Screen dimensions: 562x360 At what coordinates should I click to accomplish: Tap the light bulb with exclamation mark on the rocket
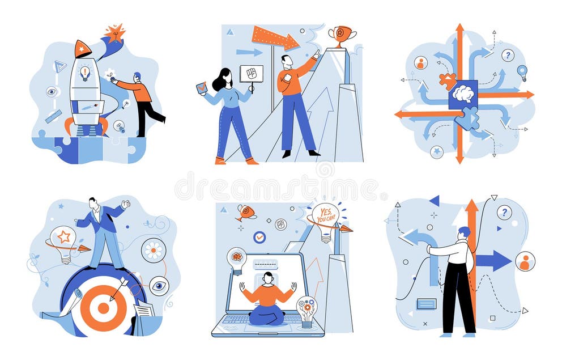(84, 73)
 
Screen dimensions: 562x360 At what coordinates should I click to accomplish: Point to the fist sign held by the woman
(252, 74)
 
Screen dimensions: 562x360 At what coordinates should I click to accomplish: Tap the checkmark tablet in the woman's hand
(202, 88)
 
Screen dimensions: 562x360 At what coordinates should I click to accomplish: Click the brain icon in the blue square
(463, 94)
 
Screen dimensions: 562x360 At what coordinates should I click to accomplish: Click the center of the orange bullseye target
(103, 308)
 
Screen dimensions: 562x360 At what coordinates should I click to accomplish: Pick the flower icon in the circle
(154, 250)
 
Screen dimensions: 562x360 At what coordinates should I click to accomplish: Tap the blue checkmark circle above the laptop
(259, 237)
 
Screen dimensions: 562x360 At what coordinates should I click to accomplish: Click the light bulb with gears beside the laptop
(306, 311)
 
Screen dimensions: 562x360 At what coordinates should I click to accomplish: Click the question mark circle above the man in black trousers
(504, 213)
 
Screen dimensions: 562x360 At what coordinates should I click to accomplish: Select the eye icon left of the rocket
(52, 92)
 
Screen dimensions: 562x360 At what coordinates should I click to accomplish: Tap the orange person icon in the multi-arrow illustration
(421, 63)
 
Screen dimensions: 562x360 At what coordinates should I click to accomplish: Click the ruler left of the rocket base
(53, 116)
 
